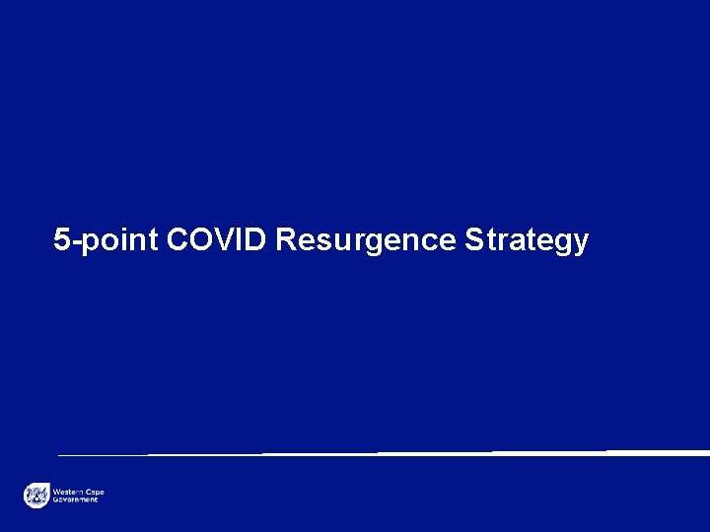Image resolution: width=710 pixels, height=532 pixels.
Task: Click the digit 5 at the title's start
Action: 62,239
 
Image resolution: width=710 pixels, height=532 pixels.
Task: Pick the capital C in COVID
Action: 179,239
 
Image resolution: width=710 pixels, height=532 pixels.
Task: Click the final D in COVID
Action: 255,239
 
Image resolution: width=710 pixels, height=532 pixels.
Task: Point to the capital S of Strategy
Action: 474,239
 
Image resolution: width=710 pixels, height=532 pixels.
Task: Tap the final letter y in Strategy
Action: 580,243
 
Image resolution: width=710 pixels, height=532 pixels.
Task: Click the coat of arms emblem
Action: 36,496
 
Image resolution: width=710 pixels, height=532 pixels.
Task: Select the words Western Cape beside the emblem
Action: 78,492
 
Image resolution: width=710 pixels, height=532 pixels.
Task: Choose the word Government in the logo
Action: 76,499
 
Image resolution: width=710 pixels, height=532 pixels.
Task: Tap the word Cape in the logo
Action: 96,492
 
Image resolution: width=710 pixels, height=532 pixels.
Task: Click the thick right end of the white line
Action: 702,452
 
